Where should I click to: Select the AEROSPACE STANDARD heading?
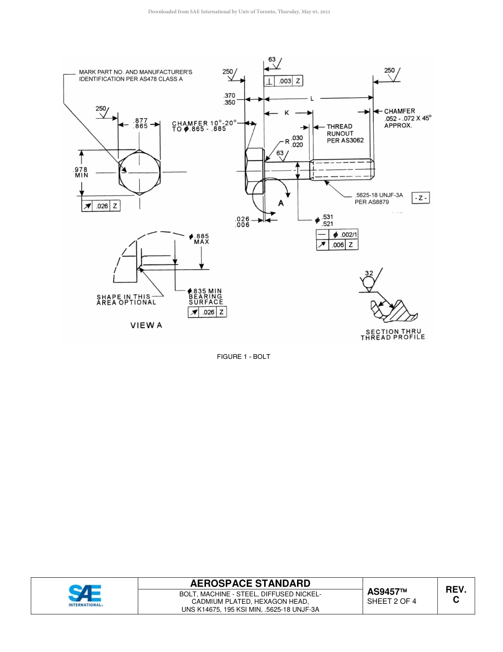tap(250, 584)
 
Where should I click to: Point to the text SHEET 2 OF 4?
tap(391, 601)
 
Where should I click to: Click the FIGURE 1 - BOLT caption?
tap(244, 357)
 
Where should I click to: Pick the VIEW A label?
tap(146, 325)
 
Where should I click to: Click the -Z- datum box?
tap(421, 198)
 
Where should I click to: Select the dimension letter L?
tap(312, 99)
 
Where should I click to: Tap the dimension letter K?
tap(287, 113)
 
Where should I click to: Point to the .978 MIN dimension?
tap(81, 172)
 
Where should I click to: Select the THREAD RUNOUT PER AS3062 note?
tap(339, 134)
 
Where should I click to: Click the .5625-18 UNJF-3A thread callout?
tap(379, 198)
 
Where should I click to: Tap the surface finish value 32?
tap(369, 274)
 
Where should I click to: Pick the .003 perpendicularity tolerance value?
tap(285, 81)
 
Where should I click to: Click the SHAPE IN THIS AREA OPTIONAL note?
tap(126, 299)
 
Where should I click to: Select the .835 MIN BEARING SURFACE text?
tap(206, 296)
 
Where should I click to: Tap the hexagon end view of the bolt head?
tap(139, 173)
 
